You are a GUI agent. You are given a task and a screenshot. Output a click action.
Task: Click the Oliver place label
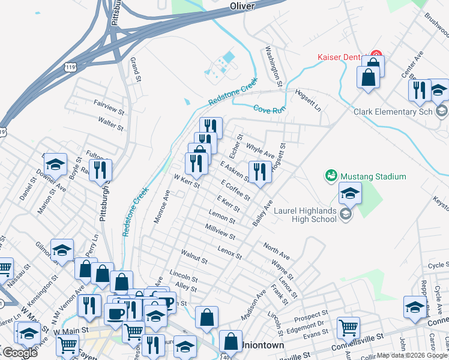243,6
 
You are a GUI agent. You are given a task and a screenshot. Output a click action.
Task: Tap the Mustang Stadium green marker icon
331,176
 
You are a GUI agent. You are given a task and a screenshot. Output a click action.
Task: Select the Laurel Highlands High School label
305,214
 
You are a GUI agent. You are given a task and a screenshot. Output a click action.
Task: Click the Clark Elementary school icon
442,111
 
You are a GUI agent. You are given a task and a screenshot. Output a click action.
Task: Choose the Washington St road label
274,65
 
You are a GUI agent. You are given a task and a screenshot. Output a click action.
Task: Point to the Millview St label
220,232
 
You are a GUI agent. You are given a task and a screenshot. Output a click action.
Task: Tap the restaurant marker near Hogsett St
259,172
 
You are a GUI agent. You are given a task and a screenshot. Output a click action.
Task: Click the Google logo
20,353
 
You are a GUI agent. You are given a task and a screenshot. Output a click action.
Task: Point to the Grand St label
136,70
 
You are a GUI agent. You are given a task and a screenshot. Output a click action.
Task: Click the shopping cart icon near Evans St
348,327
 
